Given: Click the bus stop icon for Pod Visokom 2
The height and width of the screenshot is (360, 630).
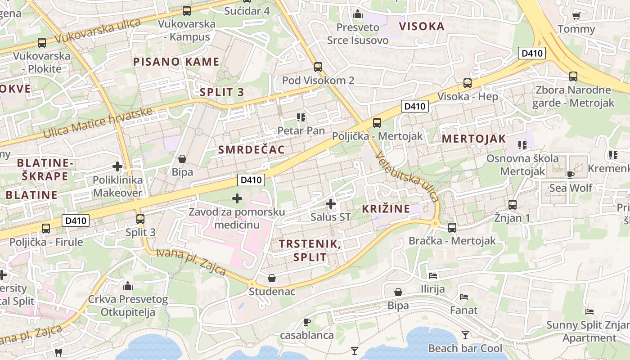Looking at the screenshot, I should [x=318, y=67].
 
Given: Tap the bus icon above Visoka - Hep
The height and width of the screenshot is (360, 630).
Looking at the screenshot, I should [x=468, y=83].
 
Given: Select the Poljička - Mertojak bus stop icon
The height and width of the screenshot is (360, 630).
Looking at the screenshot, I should [x=377, y=122].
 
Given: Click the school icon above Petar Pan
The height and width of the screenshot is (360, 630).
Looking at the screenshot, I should [x=301, y=118].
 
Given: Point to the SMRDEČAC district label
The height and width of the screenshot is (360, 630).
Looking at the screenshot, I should [x=252, y=150].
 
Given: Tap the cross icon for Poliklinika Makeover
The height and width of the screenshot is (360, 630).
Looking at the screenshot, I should [x=117, y=166].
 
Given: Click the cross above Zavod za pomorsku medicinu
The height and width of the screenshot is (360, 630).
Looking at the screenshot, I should [x=237, y=198].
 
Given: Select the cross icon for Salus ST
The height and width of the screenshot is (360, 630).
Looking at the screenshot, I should [x=331, y=204].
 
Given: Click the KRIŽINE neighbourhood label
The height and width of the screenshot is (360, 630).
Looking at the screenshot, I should [x=386, y=208].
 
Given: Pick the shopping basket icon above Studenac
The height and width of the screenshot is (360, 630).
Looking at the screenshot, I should [x=272, y=278].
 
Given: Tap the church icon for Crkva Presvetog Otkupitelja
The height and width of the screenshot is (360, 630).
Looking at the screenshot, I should [x=128, y=286].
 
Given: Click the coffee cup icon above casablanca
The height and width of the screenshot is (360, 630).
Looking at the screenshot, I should [x=307, y=322].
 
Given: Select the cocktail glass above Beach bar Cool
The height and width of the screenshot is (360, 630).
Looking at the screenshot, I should [x=465, y=335].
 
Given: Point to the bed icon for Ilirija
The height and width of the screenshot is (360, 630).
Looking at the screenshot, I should [x=433, y=275].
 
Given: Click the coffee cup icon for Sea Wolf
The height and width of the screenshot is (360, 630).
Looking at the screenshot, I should [x=571, y=175].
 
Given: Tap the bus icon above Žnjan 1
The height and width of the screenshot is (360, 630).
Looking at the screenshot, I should [x=512, y=205].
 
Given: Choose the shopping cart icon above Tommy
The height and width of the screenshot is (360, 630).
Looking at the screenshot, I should [x=576, y=16].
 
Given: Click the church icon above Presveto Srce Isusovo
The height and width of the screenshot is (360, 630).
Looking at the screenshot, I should [x=358, y=14].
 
